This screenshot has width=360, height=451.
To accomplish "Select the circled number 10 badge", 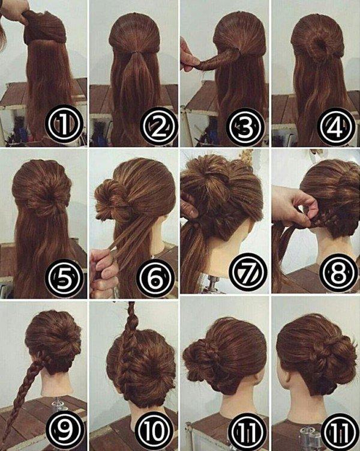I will pyautogui.click(x=157, y=428).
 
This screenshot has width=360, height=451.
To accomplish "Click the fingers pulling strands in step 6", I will pyautogui.click(x=103, y=270).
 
